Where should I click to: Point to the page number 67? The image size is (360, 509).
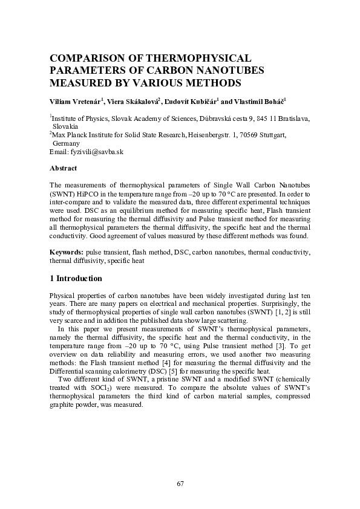point(180,483)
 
